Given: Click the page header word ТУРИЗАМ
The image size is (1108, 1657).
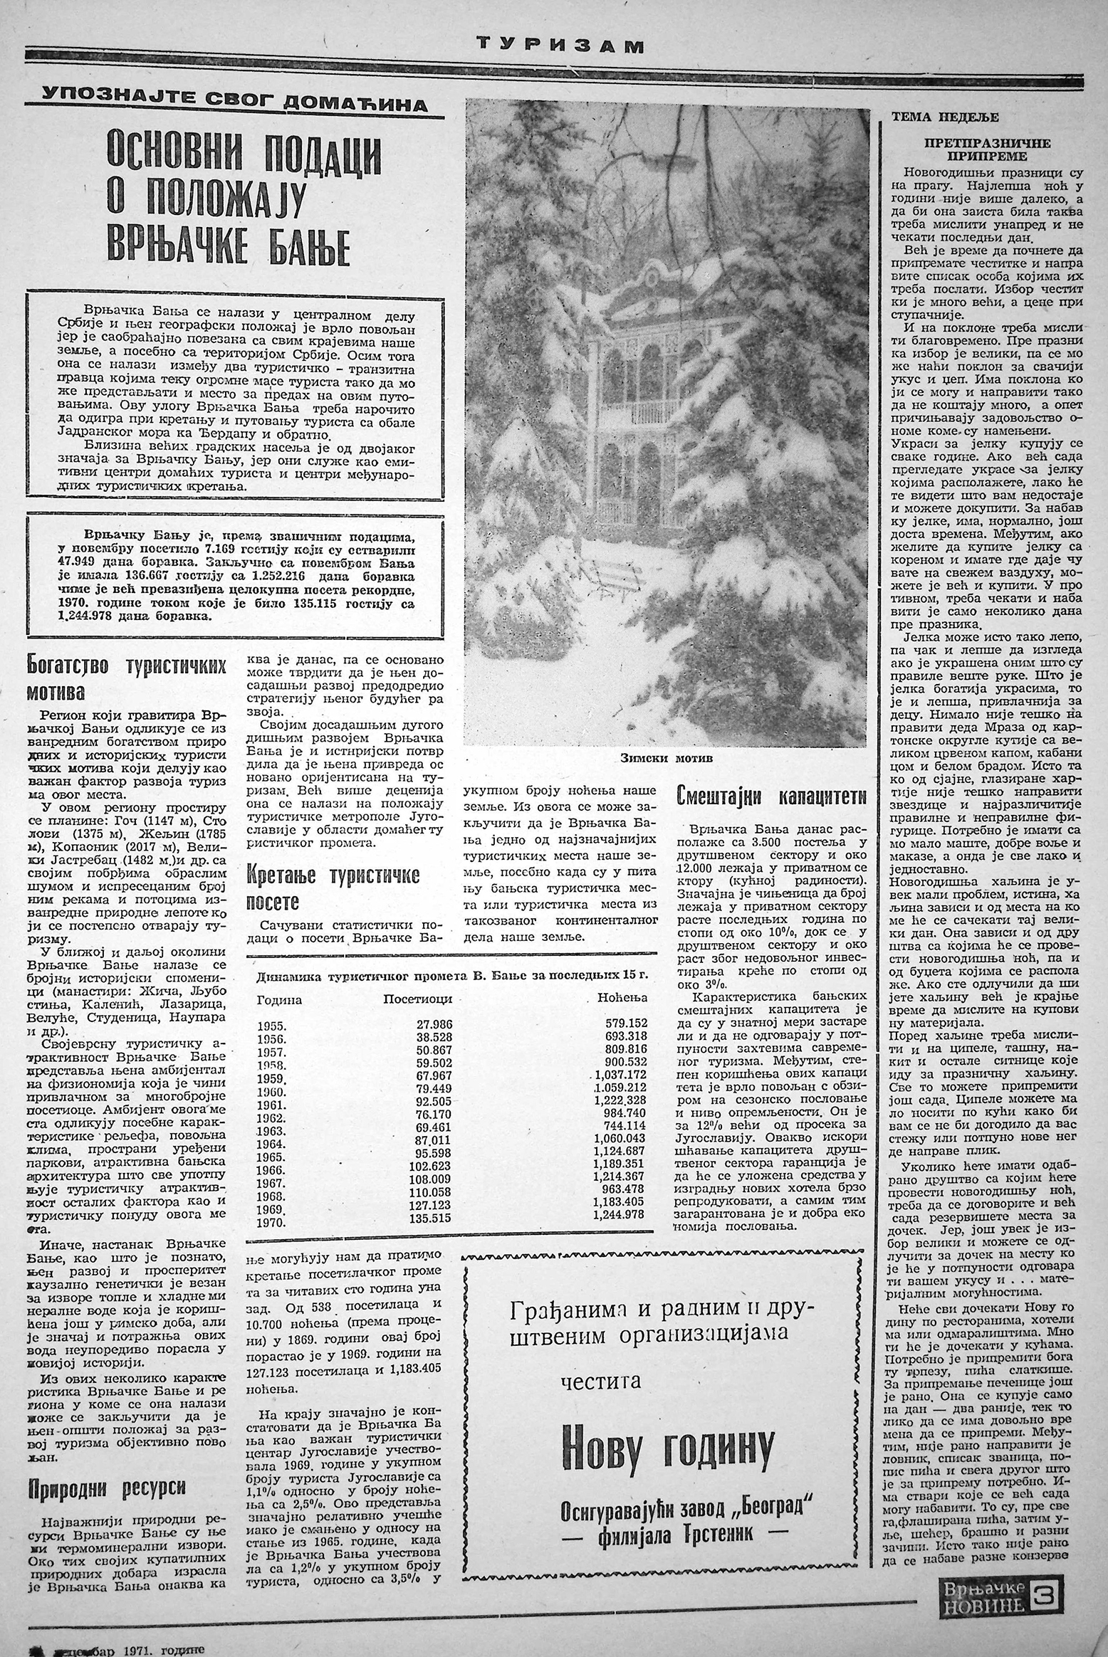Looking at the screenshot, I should [x=560, y=46].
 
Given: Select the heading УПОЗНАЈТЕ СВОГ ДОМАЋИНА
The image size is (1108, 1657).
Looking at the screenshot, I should [x=234, y=99].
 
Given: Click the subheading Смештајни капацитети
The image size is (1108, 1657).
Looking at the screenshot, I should [x=771, y=795].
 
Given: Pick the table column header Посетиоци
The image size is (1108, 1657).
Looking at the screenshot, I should [x=417, y=999].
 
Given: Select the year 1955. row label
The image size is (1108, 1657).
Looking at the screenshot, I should [x=271, y=1026].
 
